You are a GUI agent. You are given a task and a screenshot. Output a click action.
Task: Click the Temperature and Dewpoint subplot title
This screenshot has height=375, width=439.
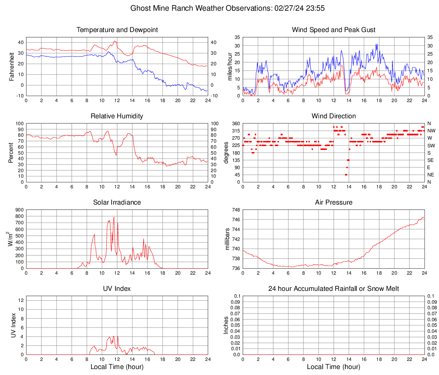pos(117,30)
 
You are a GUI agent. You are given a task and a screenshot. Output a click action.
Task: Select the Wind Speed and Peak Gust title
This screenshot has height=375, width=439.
pos(333,30)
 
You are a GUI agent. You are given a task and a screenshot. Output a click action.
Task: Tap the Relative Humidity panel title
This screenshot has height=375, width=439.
pos(117,116)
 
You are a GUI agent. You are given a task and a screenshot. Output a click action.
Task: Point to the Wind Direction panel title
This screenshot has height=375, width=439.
pos(333,116)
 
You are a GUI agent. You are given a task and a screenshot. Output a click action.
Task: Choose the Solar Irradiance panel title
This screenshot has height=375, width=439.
pos(117,202)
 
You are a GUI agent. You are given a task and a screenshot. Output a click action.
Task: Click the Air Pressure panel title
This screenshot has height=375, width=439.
pos(333,202)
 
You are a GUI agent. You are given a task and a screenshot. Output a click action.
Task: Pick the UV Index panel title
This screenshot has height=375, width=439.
pos(117,289)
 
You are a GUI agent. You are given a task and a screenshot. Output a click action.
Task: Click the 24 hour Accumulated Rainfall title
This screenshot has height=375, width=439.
pos(333,289)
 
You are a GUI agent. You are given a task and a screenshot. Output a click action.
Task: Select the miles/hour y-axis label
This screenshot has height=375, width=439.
pos(230,67)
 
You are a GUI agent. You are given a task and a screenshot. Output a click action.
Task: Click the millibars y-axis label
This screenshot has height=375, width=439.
pos(227,239)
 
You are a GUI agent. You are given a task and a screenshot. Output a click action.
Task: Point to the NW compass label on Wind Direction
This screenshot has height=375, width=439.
pos(431,131)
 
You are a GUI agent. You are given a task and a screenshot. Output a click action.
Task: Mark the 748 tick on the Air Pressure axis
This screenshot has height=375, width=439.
pos(235,210)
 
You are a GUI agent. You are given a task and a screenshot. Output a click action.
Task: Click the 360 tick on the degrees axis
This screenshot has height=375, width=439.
pos(235,124)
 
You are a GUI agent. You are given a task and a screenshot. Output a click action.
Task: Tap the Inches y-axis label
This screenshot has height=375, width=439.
pos(227,325)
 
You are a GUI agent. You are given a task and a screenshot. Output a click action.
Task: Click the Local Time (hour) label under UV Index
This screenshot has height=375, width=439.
pos(117,367)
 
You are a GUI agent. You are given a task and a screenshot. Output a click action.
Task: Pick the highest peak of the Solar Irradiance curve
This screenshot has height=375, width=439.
pos(114,217)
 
